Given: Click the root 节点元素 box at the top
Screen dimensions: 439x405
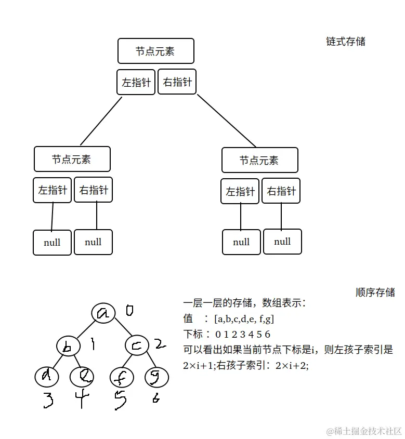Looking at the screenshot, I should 155,51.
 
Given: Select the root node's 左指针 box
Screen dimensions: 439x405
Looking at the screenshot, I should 136,82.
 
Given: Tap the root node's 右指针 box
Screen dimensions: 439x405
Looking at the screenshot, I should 177,82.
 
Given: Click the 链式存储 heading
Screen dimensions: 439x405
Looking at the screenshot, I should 346,42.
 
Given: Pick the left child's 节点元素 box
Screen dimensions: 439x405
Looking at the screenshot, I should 72,159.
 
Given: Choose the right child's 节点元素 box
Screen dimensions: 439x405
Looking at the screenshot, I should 259,160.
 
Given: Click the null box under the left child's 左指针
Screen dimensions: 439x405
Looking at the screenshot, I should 52,243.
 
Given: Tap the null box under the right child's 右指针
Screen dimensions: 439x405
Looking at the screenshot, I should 282,242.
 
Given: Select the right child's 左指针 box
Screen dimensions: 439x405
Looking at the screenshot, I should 240,191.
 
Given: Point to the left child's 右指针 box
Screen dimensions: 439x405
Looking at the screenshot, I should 94,190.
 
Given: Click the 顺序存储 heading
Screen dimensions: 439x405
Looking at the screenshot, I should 375,292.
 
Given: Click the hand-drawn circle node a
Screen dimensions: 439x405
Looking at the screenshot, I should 104,312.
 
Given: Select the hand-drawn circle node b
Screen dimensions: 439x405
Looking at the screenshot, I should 68,347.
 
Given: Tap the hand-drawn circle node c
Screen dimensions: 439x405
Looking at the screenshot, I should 137,345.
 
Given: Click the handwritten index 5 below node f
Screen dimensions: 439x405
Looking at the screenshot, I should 120,401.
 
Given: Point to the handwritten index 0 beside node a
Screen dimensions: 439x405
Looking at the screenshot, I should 129,311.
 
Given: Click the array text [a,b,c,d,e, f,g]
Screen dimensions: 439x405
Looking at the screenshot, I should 244,318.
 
